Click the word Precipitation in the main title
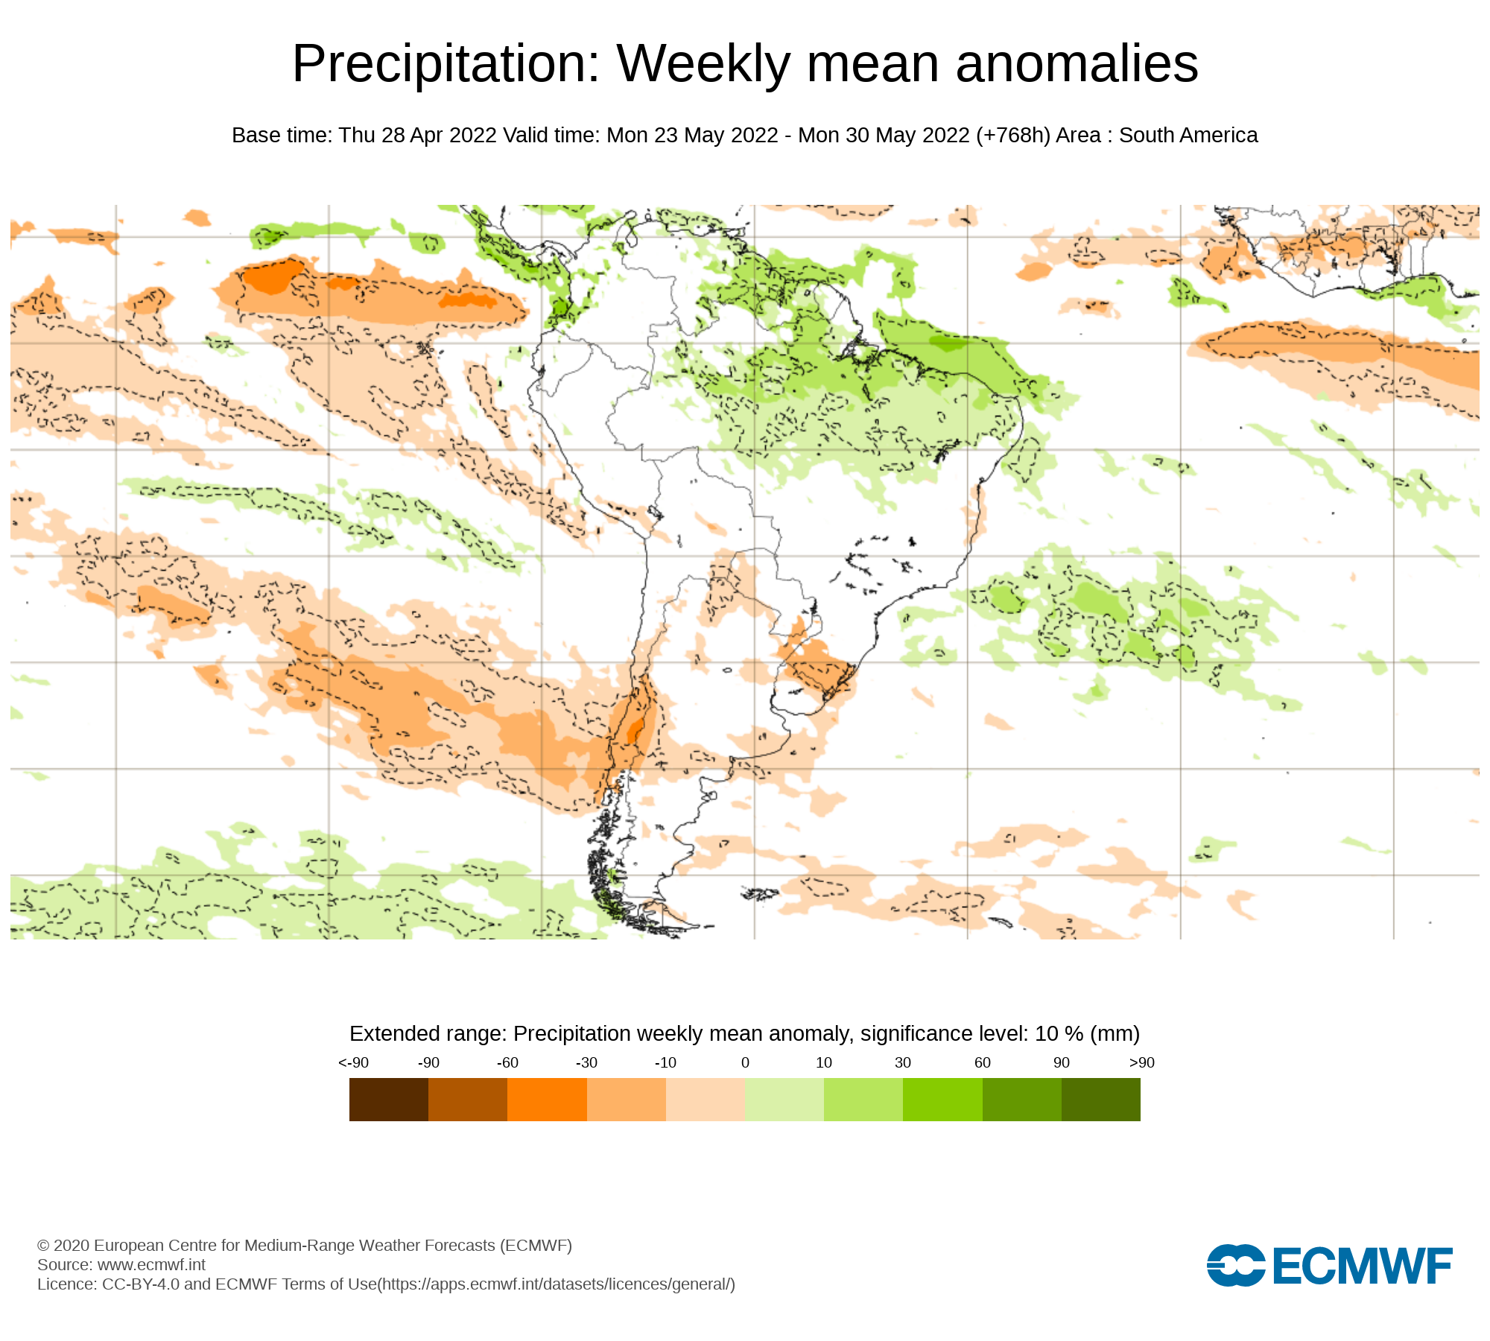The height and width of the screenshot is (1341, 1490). coord(446,64)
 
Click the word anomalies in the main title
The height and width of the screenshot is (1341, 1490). coord(1077,64)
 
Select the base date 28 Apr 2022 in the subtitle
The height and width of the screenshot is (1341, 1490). coord(439,136)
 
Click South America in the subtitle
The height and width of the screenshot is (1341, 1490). coord(1188,136)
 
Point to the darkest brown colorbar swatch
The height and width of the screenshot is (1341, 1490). coord(388,1099)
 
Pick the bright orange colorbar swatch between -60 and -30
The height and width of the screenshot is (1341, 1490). coord(547,1099)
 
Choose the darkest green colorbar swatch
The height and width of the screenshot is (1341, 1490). coord(1100,1099)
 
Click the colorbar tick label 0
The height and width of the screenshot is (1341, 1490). coord(745,1063)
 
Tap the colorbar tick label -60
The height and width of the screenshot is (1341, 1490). coord(507,1063)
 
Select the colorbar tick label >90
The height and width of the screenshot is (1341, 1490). coord(1141,1063)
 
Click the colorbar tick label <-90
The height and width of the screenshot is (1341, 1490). coord(353,1063)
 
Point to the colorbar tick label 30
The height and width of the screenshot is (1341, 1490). coord(903,1063)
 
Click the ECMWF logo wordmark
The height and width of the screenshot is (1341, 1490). coord(1363,1266)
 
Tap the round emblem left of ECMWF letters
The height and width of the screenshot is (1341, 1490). coord(1235,1266)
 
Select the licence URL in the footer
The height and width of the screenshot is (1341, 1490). coord(557,1284)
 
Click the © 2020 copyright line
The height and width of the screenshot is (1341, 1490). coord(304,1246)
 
